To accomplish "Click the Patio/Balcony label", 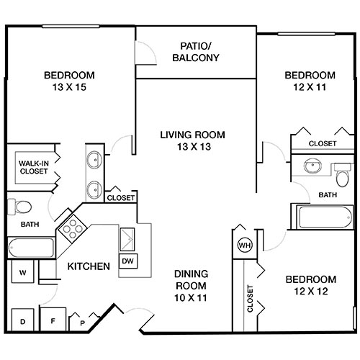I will pos(196,53).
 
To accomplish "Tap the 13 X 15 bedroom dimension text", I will pos(69,88).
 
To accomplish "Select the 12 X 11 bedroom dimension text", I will pos(310,88).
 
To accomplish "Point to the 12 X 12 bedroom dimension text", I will pos(310,292).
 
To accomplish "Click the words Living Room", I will pos(192,135).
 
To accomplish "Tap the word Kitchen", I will pos(89,266).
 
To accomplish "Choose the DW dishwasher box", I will pos(127,261).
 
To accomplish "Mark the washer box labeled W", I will pos(22,273).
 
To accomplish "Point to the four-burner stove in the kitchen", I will pos(72,230).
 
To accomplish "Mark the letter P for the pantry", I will pos(83,323).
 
